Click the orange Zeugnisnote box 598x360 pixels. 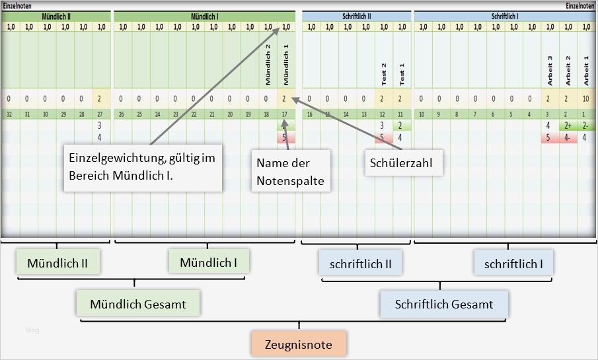pos(299,344)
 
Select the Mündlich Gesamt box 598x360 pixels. pos(137,304)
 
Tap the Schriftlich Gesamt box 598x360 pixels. pos(444,304)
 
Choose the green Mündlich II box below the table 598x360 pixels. pos(57,262)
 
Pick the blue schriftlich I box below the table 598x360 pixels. pos(513,263)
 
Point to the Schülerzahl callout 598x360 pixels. pos(404,162)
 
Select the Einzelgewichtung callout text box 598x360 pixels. pos(143,168)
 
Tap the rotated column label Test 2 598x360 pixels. pos(383,73)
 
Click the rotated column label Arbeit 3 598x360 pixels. pos(548,70)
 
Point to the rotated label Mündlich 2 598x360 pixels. pos(268,65)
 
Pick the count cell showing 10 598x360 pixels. pos(585,99)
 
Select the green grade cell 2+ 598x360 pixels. pos(567,126)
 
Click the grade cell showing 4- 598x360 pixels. pos(567,138)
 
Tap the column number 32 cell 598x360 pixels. pos(9,114)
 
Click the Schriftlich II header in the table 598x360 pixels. pos(357,15)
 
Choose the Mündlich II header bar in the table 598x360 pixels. pos(56,15)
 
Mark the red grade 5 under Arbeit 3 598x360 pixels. pos(548,138)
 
